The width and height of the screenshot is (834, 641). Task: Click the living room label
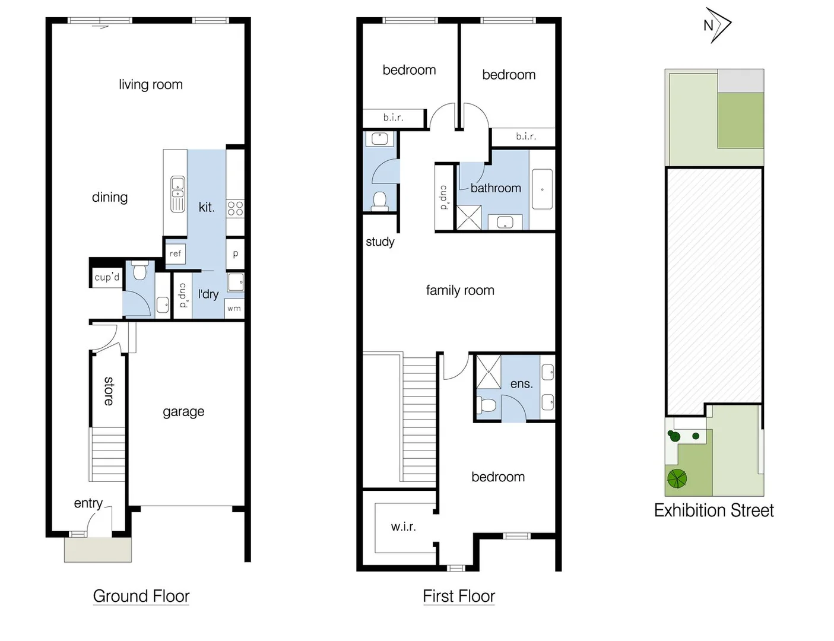150,85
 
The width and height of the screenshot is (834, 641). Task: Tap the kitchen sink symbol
177,193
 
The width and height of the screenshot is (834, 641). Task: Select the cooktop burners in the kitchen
235,208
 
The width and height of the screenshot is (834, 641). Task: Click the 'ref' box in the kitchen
175,253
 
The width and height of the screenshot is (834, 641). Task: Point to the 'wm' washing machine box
234,308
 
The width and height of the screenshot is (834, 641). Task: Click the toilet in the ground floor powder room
140,271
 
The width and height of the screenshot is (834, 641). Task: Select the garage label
183,411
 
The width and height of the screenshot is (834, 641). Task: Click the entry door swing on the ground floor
95,522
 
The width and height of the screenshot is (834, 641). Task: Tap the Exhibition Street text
714,510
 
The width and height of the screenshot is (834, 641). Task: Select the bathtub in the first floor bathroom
542,189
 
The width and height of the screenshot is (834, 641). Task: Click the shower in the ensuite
489,371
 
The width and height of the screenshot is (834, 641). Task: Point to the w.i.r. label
403,526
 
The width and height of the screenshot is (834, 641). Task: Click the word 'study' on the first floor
380,242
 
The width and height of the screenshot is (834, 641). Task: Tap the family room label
459,290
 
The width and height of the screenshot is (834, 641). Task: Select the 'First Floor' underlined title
458,596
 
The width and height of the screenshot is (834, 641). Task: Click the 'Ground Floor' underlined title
141,596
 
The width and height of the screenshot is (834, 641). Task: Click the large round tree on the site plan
677,478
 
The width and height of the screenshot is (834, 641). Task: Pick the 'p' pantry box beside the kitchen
235,254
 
